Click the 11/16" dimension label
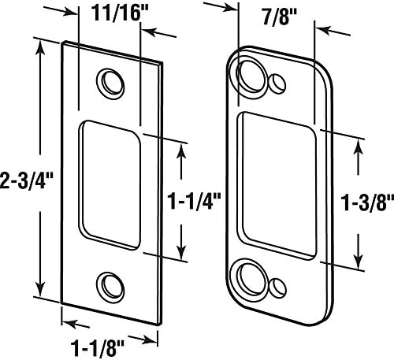120,13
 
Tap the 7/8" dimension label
280,18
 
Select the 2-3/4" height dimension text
26,181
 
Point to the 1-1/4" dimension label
195,201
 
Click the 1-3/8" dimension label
367,202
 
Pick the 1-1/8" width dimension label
97,348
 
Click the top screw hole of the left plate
110,84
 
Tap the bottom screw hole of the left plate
110,288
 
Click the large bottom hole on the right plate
251,280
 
